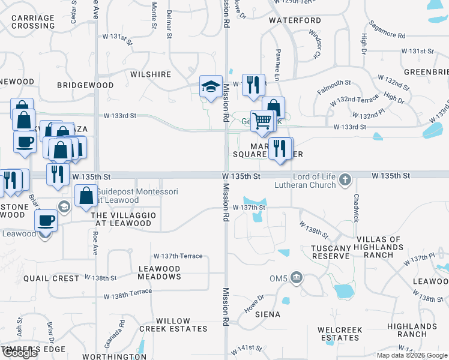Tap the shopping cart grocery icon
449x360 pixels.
[262, 121]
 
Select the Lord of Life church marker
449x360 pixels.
[345, 179]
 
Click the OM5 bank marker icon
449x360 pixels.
[297, 277]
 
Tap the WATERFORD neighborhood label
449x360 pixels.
[295, 20]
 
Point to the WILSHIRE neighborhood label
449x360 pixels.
[151, 74]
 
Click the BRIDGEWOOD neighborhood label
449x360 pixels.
[85, 85]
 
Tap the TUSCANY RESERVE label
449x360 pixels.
[331, 252]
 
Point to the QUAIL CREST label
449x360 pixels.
[51, 278]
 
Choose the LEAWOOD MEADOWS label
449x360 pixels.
[159, 273]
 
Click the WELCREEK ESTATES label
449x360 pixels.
[340, 334]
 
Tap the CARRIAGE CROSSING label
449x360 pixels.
[33, 22]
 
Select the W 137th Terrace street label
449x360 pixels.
[178, 256]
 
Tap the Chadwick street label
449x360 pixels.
[356, 208]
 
